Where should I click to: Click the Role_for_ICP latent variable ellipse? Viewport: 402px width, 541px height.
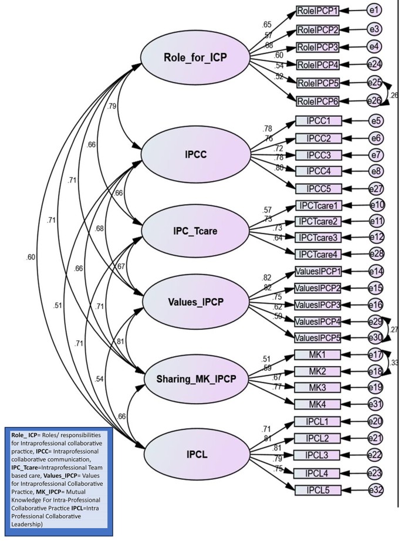click(195, 59)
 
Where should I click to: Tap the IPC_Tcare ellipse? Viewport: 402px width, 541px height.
click(195, 229)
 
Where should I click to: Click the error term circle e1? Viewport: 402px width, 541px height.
click(374, 11)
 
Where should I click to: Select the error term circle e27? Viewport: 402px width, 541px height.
click(374, 188)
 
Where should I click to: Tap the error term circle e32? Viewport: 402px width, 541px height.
click(374, 489)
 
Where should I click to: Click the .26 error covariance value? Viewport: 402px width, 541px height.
click(394, 95)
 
